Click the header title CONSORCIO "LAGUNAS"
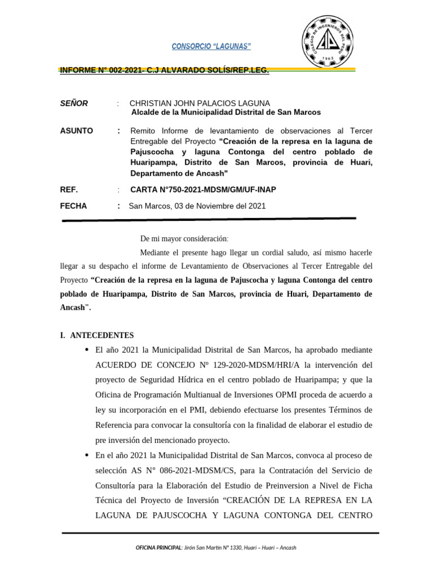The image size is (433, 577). (x=211, y=46)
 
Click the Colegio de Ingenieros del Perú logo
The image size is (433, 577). (x=328, y=41)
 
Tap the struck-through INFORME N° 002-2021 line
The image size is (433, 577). (x=164, y=70)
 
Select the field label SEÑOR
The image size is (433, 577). (x=74, y=103)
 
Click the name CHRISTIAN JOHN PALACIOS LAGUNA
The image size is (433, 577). (x=200, y=103)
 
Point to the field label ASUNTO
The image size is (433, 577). (x=76, y=131)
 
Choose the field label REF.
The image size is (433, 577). (x=69, y=190)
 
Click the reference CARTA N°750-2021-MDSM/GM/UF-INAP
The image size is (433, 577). (x=204, y=190)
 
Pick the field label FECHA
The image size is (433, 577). (x=73, y=206)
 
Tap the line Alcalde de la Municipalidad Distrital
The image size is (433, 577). (x=226, y=112)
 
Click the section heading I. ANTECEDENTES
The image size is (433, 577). (x=96, y=335)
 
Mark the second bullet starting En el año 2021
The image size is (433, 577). (x=86, y=455)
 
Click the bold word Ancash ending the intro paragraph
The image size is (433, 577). (x=73, y=308)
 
